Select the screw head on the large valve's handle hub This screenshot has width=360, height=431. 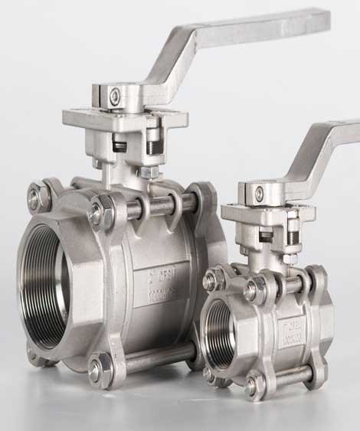click(x=114, y=95)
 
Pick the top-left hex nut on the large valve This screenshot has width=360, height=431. click(x=35, y=198)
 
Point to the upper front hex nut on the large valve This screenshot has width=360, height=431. click(x=100, y=212)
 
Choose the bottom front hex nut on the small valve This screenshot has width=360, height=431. click(x=253, y=387)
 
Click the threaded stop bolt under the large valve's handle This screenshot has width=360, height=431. click(x=154, y=142)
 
